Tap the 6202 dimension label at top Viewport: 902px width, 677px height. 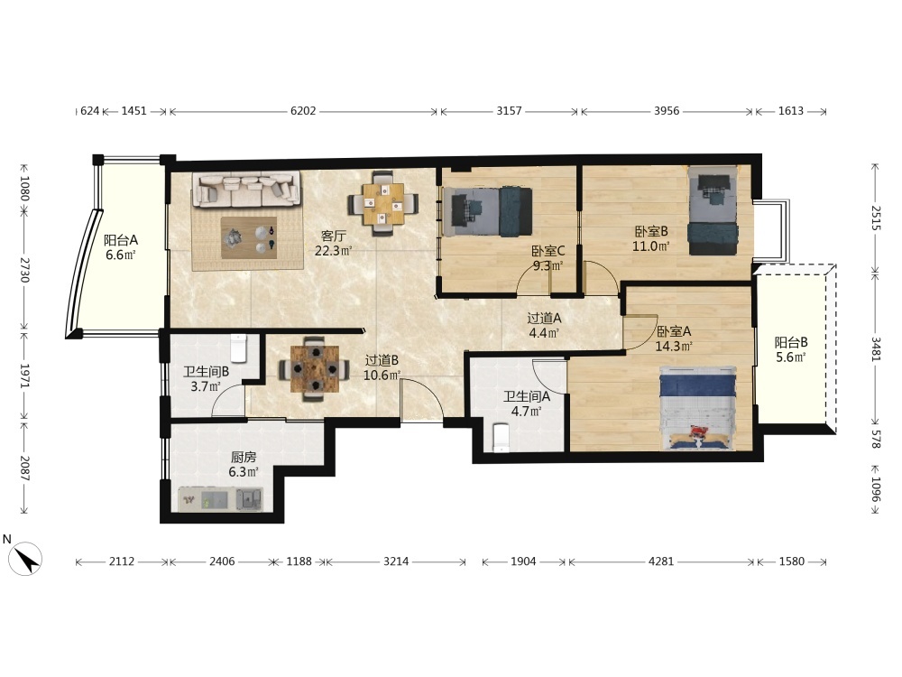[x=303, y=110]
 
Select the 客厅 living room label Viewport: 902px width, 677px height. [x=334, y=236]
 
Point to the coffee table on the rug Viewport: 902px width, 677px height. [x=249, y=237]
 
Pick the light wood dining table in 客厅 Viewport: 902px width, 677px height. [x=383, y=204]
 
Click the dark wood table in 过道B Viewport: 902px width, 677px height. [x=314, y=368]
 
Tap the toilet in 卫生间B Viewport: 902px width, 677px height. [x=238, y=348]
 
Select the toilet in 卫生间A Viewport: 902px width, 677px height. [x=502, y=438]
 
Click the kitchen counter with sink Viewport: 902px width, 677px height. [x=221, y=499]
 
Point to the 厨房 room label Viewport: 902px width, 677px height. [x=244, y=457]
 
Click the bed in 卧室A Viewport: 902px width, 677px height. [x=698, y=408]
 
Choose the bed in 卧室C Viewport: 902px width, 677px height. [x=488, y=211]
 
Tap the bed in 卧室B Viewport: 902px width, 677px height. [x=713, y=210]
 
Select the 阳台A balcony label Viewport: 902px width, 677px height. [x=121, y=240]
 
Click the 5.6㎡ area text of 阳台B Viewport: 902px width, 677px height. [x=791, y=357]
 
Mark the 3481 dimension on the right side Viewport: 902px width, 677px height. [x=876, y=348]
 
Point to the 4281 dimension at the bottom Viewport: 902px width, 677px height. [x=661, y=561]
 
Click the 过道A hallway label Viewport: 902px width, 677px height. [x=544, y=318]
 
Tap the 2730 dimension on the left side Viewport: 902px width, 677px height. [x=24, y=270]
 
